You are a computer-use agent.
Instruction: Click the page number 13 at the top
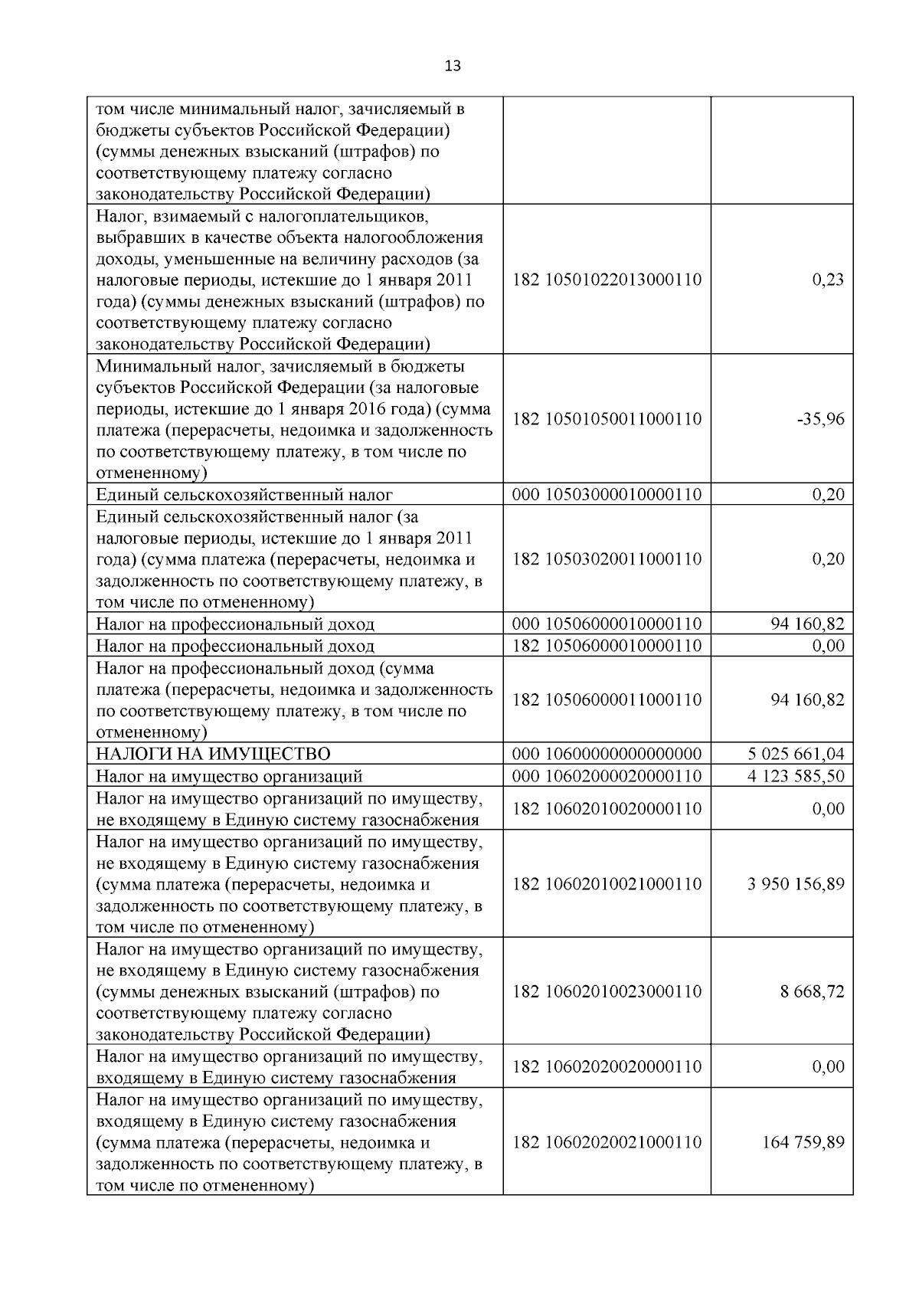pyautogui.click(x=453, y=66)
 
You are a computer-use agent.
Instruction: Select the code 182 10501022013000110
pyautogui.click(x=607, y=280)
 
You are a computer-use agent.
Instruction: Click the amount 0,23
pyautogui.click(x=828, y=280)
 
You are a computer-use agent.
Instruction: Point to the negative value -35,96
pyautogui.click(x=820, y=419)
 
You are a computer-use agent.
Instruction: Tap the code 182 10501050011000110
pyautogui.click(x=607, y=419)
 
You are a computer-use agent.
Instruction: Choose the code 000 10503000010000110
pyautogui.click(x=607, y=495)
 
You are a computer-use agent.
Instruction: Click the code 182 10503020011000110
pyautogui.click(x=607, y=559)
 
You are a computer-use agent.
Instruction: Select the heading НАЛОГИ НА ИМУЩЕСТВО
pyautogui.click(x=213, y=755)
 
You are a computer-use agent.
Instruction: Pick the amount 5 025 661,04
pyautogui.click(x=796, y=755)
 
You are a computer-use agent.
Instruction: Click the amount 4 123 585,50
pyautogui.click(x=796, y=776)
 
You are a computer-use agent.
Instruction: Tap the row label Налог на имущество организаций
pyautogui.click(x=229, y=776)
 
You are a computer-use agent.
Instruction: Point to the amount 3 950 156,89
pyautogui.click(x=796, y=884)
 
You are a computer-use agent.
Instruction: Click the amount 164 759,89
pyautogui.click(x=803, y=1142)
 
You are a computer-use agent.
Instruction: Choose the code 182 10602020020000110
pyautogui.click(x=607, y=1067)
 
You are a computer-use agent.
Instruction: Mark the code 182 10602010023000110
pyautogui.click(x=607, y=991)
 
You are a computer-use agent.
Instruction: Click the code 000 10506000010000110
pyautogui.click(x=607, y=624)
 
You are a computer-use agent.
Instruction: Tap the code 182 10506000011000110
pyautogui.click(x=607, y=700)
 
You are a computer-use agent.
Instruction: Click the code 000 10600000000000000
pyautogui.click(x=607, y=755)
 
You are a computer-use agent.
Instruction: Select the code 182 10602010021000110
pyautogui.click(x=607, y=884)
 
